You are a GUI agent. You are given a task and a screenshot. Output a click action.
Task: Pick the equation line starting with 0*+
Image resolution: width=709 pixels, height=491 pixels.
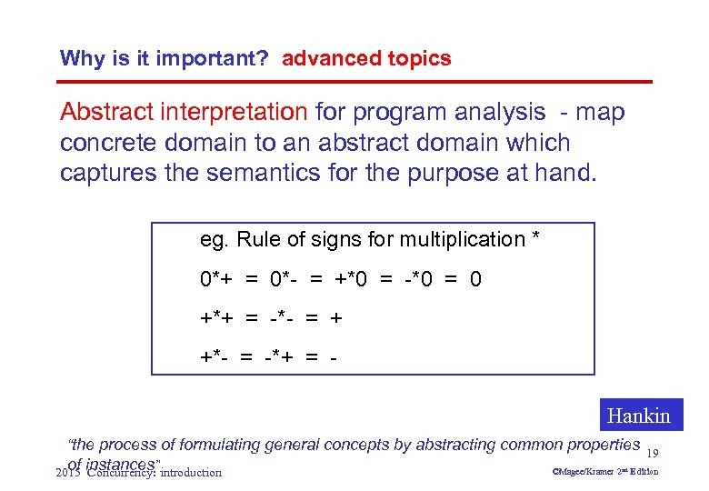tap(341, 279)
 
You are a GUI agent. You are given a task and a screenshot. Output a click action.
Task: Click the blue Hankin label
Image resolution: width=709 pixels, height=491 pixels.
tap(638, 416)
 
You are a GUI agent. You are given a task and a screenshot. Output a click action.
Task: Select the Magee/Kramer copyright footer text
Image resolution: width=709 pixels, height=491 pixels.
tap(605, 472)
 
